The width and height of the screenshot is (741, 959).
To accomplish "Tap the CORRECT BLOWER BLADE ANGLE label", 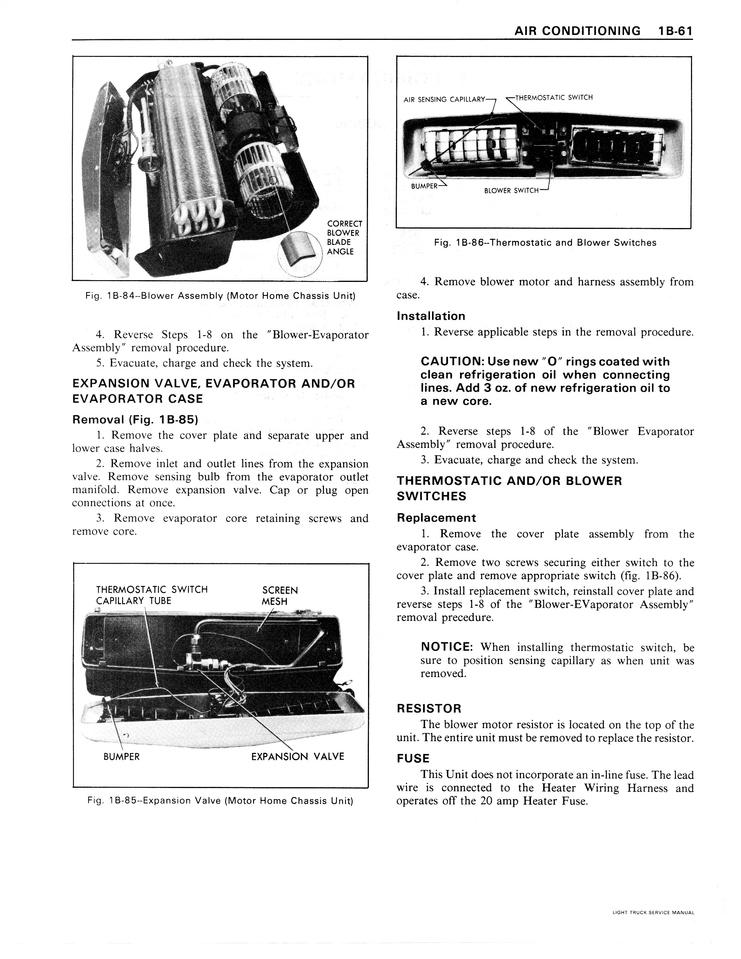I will [x=344, y=238].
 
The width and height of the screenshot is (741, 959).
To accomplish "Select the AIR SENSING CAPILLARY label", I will [x=444, y=100].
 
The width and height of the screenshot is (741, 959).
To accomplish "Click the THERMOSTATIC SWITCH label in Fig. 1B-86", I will [x=554, y=98].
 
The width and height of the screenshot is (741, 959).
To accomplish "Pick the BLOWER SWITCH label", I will [x=511, y=190].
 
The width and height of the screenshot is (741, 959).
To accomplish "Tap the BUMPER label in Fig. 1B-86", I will [x=424, y=186].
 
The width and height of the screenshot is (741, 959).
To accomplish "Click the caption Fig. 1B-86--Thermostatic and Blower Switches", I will [x=545, y=243].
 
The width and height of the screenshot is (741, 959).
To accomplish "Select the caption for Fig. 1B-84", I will [x=220, y=296].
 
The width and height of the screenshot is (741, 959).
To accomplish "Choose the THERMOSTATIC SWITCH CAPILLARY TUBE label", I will [x=151, y=595].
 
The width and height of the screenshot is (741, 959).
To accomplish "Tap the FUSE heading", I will [x=413, y=758].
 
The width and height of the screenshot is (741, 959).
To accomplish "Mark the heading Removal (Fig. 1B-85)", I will [x=135, y=420].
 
